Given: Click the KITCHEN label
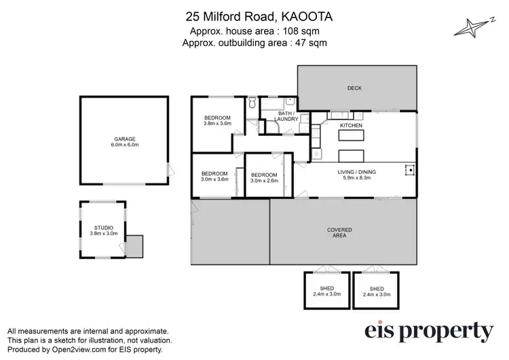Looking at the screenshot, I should click(x=351, y=126).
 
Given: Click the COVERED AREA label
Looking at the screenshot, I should click(x=339, y=232).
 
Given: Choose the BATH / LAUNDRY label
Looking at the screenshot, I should click(x=286, y=116).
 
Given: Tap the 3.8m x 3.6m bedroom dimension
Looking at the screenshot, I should click(x=218, y=124).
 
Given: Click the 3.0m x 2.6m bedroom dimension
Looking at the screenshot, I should click(x=264, y=181).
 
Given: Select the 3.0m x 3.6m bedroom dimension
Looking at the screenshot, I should click(x=214, y=180).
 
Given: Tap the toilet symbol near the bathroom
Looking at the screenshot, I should click(x=252, y=104).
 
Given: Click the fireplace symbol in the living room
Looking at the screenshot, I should click(x=409, y=169).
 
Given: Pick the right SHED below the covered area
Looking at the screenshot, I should click(x=376, y=291).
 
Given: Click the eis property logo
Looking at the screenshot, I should click(x=430, y=331).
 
